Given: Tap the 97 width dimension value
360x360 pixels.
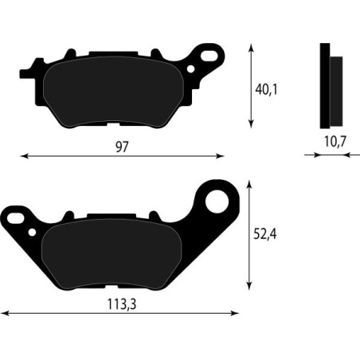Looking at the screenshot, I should point(121,147).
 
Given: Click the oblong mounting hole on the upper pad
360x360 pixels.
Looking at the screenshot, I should point(210,57).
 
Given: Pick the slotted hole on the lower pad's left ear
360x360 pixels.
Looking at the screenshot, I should point(14,215).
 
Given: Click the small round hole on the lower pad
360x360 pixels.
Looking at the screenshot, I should point(33,232).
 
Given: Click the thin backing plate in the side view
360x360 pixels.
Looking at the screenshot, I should point(324,84).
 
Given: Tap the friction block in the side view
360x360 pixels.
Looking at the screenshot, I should point(335,92).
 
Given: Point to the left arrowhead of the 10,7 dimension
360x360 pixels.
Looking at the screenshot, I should point(316,155).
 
